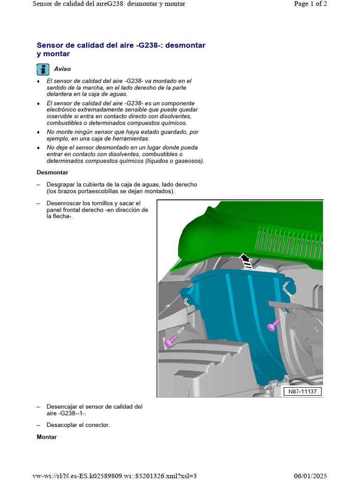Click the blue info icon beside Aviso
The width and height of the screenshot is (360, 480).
coord(43,69)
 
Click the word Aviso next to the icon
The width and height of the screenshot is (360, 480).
coord(62,69)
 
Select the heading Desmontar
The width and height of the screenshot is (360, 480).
coord(52,172)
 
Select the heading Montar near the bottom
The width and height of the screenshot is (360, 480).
coord(47,437)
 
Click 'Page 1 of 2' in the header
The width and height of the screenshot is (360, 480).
coord(310,4)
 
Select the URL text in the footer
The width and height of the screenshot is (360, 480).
coord(114,476)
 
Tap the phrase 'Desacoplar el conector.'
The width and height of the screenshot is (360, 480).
coord(78,425)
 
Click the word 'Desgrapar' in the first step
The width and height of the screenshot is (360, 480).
coord(61,184)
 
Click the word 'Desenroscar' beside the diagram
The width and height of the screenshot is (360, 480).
coord(63,203)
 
